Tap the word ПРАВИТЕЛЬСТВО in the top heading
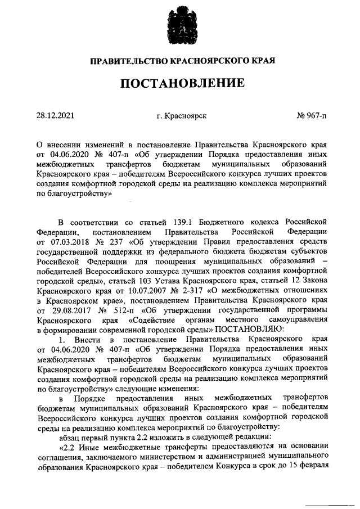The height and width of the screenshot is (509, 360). tap(124, 60)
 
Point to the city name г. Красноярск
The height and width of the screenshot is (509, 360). tap(182, 116)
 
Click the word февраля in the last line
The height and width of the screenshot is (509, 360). tap(312, 468)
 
